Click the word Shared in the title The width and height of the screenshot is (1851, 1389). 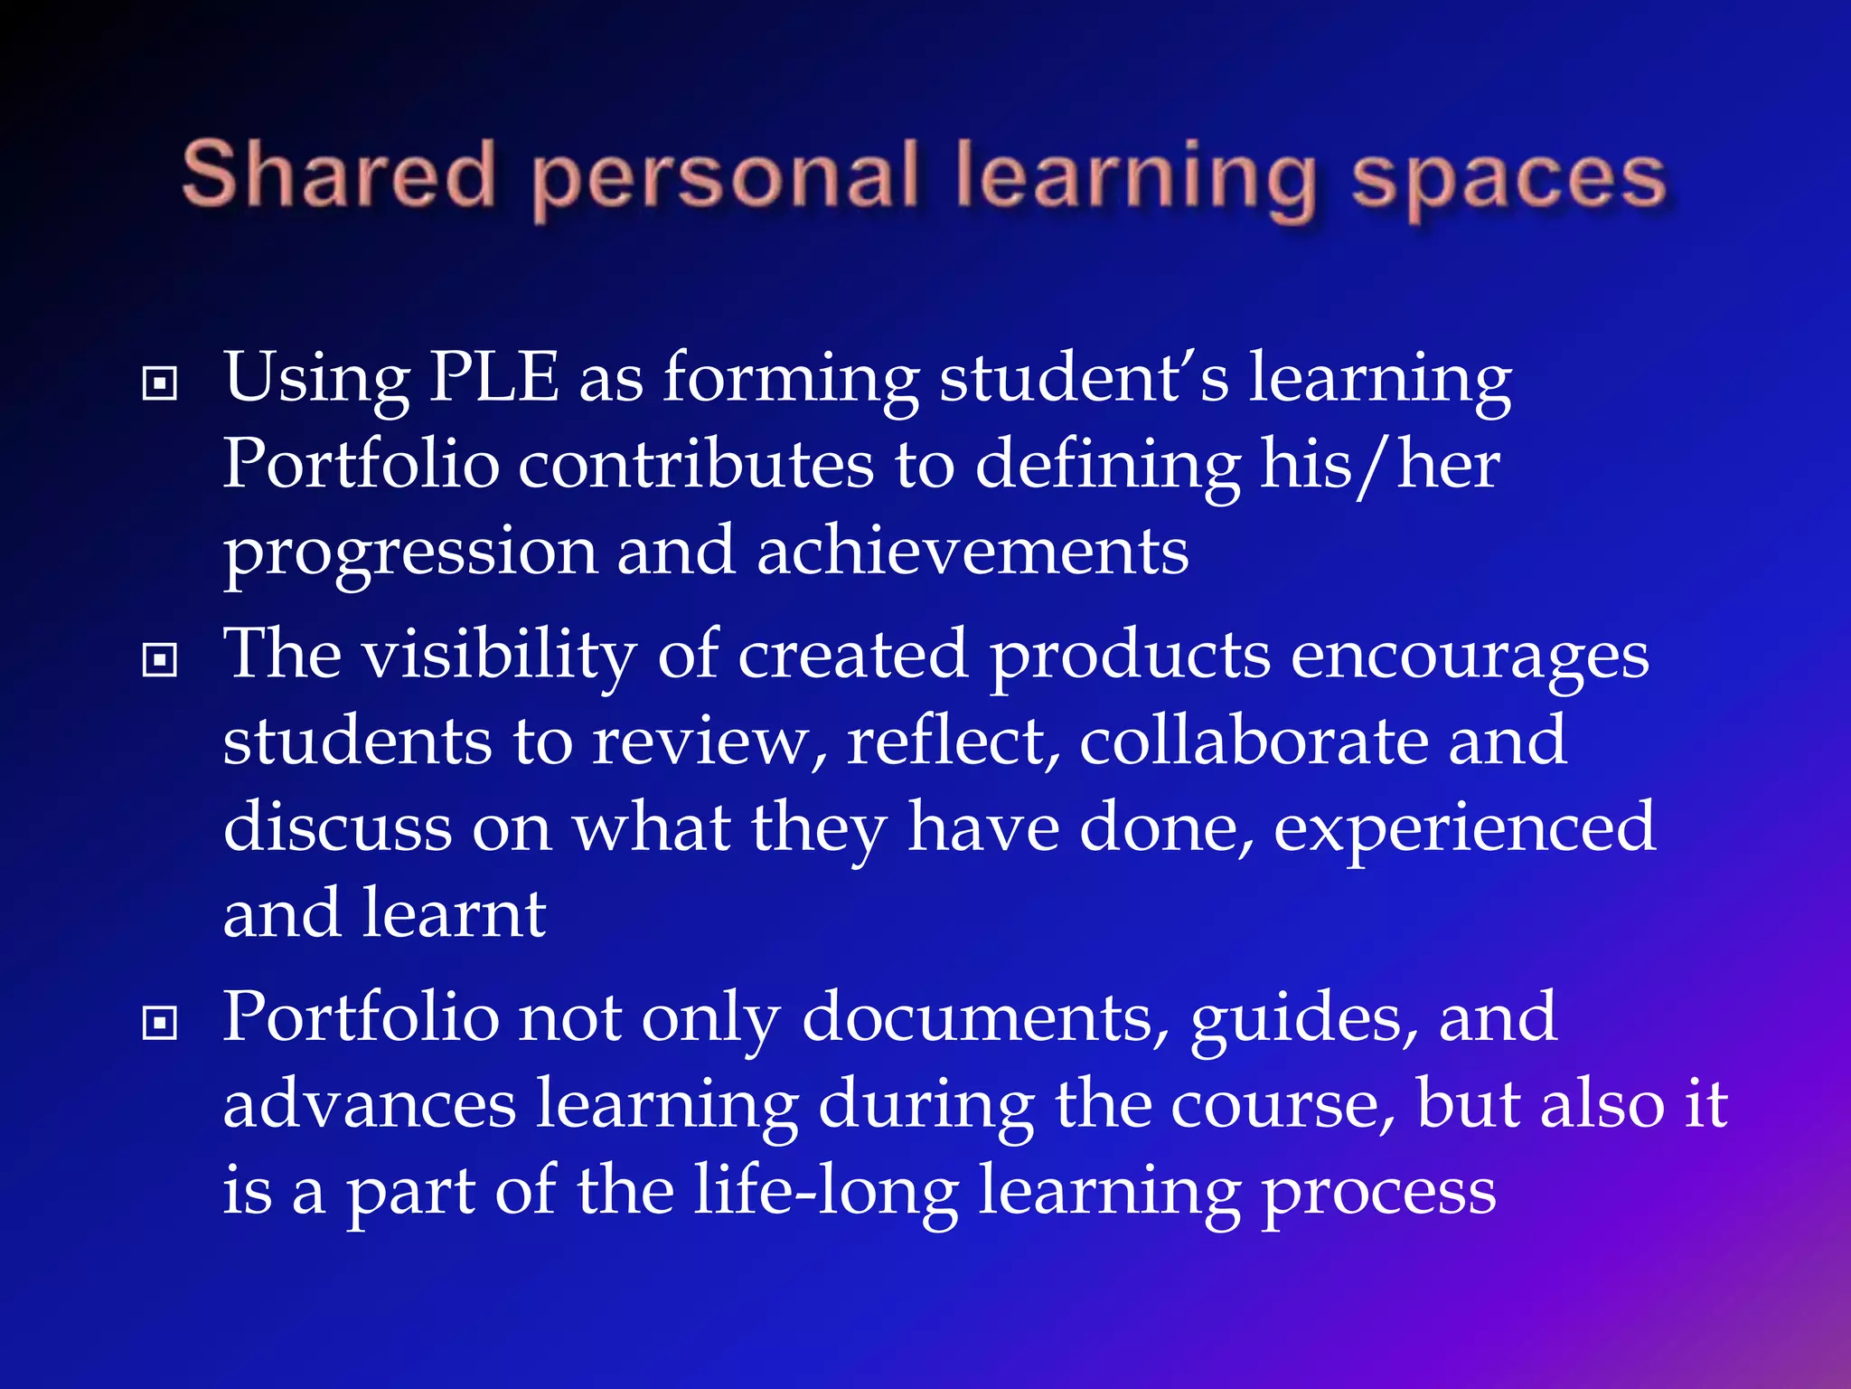(x=339, y=174)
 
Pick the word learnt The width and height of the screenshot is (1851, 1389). (x=454, y=913)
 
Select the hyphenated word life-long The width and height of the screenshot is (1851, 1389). (x=826, y=1192)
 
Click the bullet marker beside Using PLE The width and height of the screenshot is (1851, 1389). (x=160, y=384)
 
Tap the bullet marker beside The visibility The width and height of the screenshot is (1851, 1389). (x=160, y=660)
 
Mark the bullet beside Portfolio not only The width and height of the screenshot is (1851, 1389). (x=160, y=1024)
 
